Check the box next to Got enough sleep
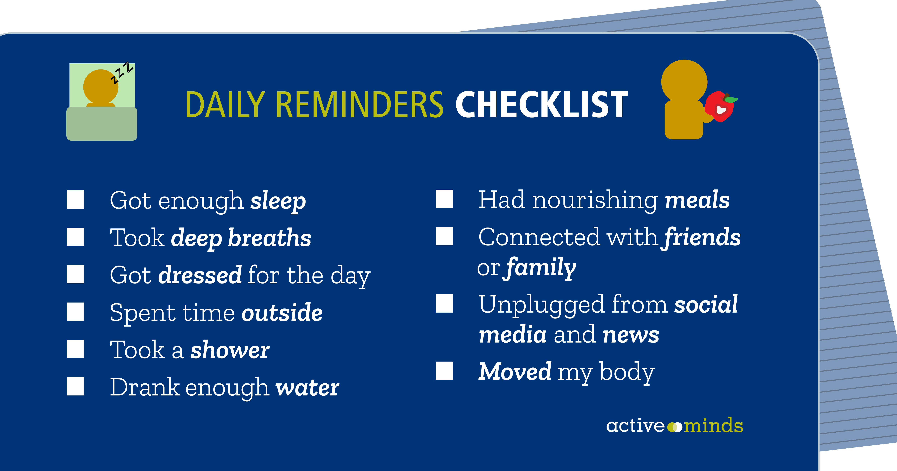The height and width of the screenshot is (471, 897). (76, 200)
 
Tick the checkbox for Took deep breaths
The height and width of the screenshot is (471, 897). (76, 237)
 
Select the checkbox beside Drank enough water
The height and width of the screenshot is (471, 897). (76, 386)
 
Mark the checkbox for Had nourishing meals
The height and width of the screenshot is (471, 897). (444, 199)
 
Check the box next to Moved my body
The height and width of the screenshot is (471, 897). (444, 371)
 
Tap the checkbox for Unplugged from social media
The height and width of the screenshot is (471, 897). (444, 303)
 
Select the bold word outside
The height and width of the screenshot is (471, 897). (282, 312)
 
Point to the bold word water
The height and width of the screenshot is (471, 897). (307, 388)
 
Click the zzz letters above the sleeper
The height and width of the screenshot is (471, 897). (122, 73)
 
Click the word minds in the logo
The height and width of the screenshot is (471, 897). (713, 426)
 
